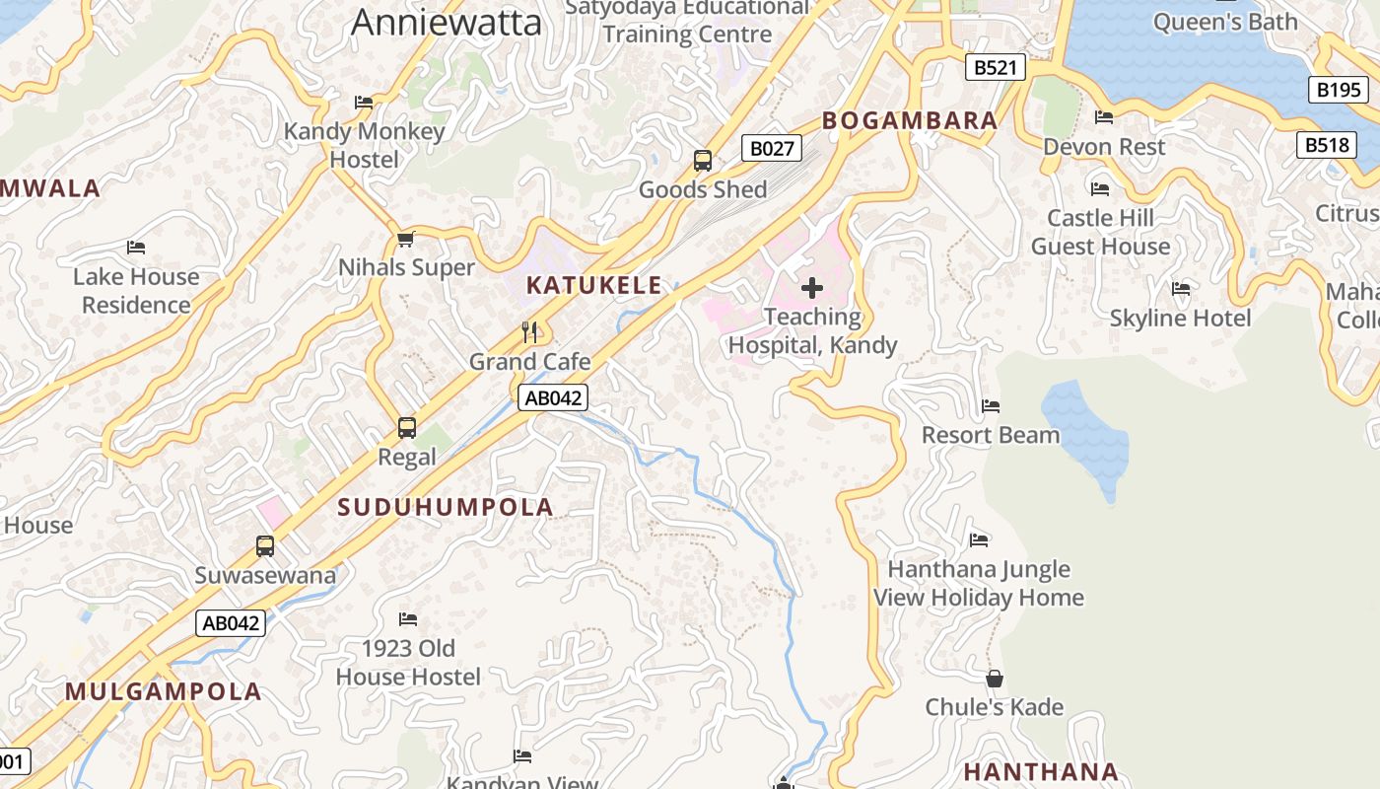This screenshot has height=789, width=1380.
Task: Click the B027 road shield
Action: pos(771,149)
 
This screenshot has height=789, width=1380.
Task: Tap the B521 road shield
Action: pos(995,67)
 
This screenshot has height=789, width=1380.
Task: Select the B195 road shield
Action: pos(1339,90)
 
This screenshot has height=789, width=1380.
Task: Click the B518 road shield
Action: pos(1326,145)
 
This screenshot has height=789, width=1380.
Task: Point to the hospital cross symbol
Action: pos(812,287)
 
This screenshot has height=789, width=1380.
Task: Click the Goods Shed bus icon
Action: pos(703,160)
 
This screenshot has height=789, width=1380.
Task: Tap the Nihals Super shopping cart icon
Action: pos(405,239)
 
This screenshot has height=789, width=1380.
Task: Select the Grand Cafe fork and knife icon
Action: pos(530,331)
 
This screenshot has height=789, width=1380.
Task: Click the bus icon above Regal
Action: pos(407,428)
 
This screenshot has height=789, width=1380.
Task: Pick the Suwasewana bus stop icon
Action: pos(264,545)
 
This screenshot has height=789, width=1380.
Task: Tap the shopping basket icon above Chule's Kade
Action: pos(995,679)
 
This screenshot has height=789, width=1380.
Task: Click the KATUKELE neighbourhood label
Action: pos(594,286)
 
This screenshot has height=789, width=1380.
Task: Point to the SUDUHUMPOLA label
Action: pos(446,507)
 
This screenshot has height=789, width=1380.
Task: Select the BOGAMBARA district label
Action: pos(910,120)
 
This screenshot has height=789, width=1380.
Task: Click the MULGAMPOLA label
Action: pos(164,691)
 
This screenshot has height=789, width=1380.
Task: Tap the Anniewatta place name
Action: pos(447,22)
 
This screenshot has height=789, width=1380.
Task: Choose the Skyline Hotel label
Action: pos(1180,318)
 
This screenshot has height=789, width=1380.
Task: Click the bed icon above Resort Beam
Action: pos(991,405)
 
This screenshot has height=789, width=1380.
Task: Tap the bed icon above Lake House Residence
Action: pos(136,247)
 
